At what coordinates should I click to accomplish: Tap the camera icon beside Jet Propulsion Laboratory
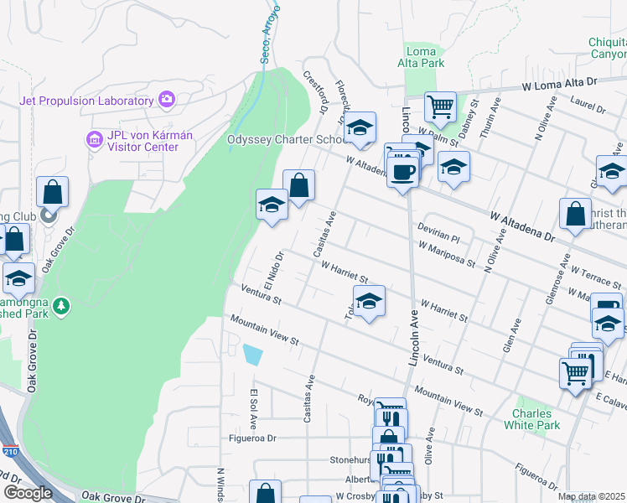[166, 100]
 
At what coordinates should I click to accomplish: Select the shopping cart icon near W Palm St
[440, 106]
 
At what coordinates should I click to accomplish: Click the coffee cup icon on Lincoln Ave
[403, 171]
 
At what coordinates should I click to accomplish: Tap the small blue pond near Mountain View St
[251, 355]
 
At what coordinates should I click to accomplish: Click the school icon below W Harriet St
[369, 299]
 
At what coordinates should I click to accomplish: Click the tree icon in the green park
[60, 308]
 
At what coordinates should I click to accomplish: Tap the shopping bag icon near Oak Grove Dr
[52, 191]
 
